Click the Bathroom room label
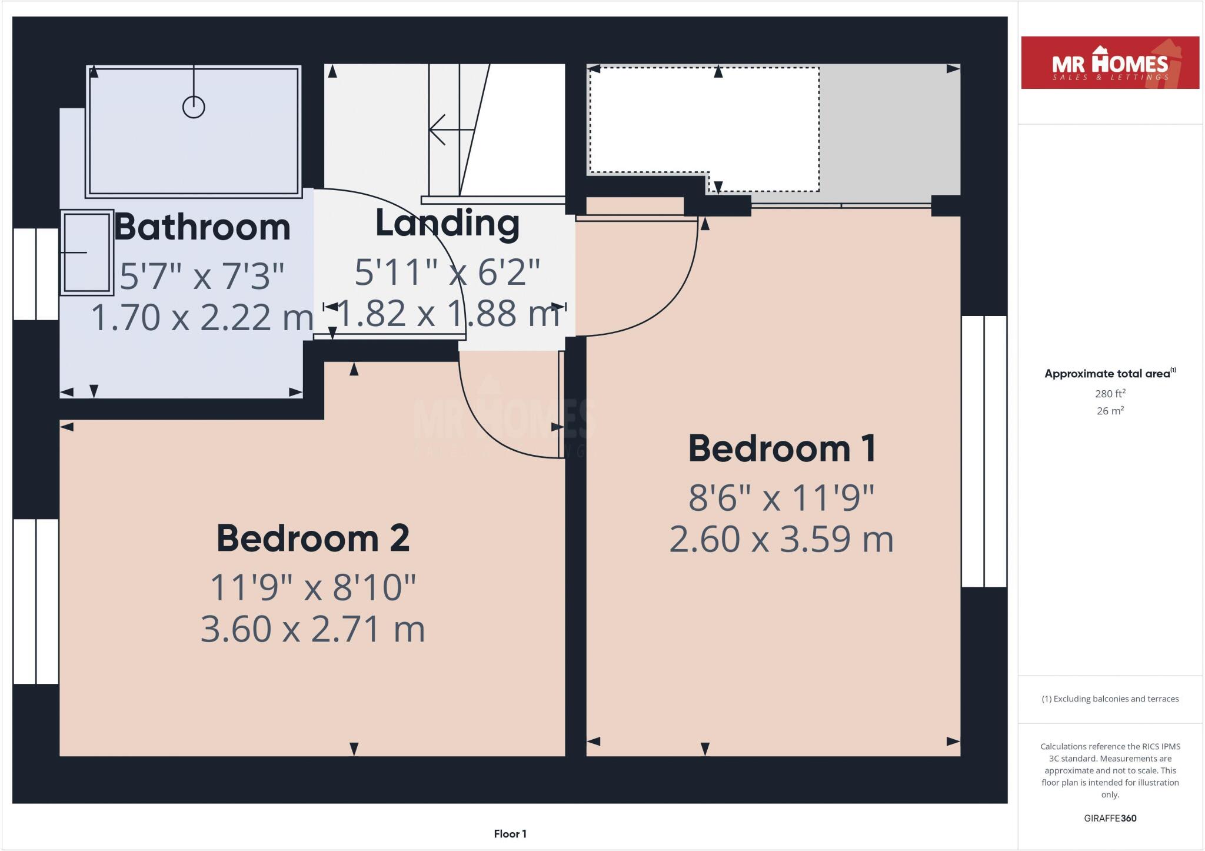[x=202, y=227]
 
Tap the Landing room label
[x=447, y=224]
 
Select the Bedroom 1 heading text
[x=782, y=448]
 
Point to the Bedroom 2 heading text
[x=313, y=538]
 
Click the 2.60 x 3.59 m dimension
[x=781, y=539]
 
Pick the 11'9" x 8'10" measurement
[x=313, y=587]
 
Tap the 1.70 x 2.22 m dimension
[x=202, y=317]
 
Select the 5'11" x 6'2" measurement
[x=447, y=272]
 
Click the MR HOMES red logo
[x=1110, y=63]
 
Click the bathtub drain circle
[x=194, y=107]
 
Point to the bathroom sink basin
[x=86, y=252]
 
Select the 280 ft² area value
[x=1110, y=393]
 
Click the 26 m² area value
[x=1110, y=411]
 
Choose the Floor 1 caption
[x=510, y=833]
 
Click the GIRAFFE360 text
[x=1110, y=818]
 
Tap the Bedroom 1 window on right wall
[x=984, y=451]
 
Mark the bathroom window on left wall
[x=36, y=274]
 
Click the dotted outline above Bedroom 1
[x=704, y=69]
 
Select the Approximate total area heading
[x=1109, y=373]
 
